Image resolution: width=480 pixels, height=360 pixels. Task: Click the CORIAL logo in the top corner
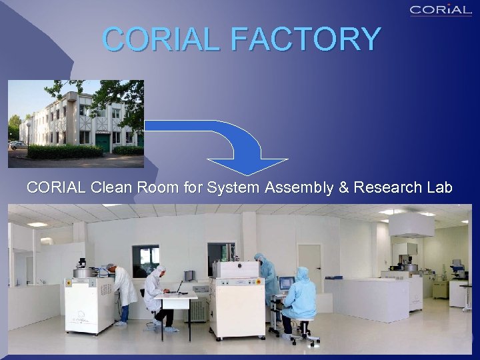pyautogui.click(x=441, y=9)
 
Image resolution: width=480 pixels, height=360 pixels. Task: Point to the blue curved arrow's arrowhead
pyautogui.click(x=247, y=167)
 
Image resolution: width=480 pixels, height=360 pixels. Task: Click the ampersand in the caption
pyautogui.click(x=344, y=188)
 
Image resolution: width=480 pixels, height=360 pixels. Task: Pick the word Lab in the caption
pyautogui.click(x=439, y=188)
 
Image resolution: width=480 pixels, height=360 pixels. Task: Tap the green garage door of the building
pyautogui.click(x=103, y=143)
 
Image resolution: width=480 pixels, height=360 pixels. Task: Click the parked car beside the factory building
pyautogui.click(x=17, y=145)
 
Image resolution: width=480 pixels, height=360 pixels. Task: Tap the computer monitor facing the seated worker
pyautogui.click(x=287, y=283)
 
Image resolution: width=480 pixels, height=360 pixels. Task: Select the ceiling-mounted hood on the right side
pyautogui.click(x=411, y=226)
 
